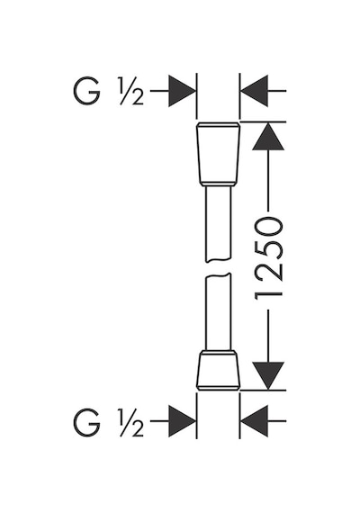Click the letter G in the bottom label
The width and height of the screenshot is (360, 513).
coord(86,422)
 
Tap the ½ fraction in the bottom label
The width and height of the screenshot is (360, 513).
coord(131,422)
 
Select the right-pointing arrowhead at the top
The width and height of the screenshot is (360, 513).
coord(182,91)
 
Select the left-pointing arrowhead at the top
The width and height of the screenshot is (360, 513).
coord(254,91)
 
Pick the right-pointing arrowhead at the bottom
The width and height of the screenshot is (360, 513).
coord(182,421)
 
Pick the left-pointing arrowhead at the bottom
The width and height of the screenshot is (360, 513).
coord(254,421)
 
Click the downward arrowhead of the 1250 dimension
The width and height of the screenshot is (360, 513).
coord(268,376)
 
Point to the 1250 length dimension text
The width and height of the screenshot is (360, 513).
coord(268,258)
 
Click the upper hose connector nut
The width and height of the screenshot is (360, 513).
coord(219,155)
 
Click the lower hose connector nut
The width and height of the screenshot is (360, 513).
coord(219,370)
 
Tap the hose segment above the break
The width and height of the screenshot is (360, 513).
coord(219,224)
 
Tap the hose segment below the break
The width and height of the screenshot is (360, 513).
coord(219,311)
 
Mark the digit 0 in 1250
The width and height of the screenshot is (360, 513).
coord(268,227)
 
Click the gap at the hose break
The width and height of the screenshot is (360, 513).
coord(219,268)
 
